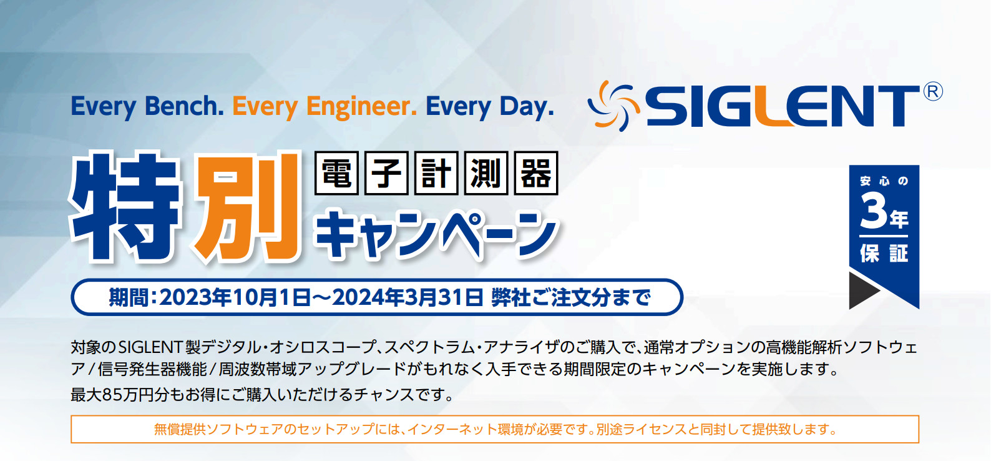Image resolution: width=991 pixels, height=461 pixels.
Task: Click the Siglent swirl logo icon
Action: click(613, 106)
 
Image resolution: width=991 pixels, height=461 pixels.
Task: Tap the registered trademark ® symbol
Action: click(932, 92)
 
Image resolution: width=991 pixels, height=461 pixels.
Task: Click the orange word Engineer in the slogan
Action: click(361, 107)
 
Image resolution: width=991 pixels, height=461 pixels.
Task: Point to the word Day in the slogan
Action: click(526, 107)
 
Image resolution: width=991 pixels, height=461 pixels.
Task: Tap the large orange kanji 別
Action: click(245, 207)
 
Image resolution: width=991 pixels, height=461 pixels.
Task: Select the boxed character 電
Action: click(336, 173)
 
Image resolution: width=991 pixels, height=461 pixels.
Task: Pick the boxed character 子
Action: click(386, 173)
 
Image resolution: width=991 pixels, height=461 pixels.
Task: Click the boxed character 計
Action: click(436, 173)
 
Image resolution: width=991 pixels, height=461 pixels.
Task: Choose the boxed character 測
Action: click(486, 173)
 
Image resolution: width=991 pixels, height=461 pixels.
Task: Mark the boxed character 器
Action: click(536, 173)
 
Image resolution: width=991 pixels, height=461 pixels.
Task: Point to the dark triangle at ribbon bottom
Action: click(862, 290)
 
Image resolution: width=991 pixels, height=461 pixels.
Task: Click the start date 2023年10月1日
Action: click(235, 297)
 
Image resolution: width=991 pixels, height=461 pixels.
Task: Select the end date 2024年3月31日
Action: click(408, 297)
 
